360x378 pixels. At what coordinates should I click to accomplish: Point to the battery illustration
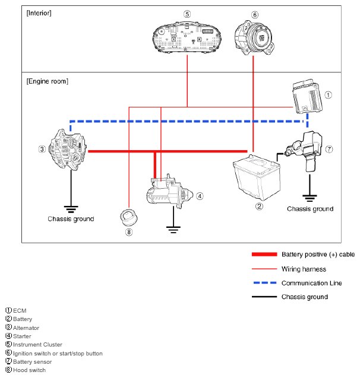255,178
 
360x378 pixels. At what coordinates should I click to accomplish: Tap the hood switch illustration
129,217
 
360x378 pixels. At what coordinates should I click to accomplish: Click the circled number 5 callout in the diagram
187,14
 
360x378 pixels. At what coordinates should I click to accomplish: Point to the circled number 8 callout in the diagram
129,232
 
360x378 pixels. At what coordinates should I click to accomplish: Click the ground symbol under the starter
173,230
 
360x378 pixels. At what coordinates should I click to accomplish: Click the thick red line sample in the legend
264,255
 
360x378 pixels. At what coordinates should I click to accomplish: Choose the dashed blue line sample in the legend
264,283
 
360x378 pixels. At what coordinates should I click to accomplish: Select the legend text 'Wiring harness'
304,269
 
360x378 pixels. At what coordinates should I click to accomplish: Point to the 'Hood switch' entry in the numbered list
29,370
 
